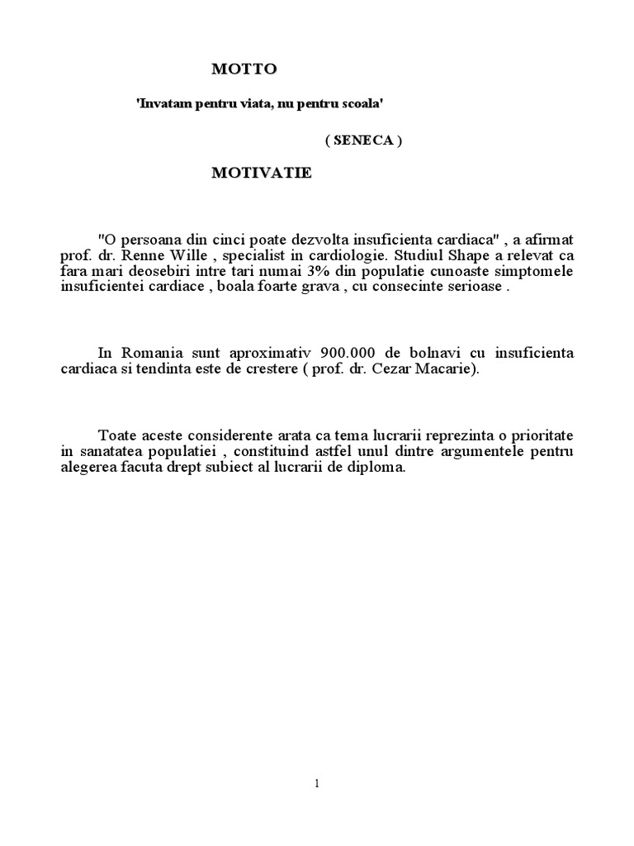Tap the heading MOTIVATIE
click(x=261, y=173)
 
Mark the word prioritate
click(x=540, y=435)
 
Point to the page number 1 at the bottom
click(x=317, y=784)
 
